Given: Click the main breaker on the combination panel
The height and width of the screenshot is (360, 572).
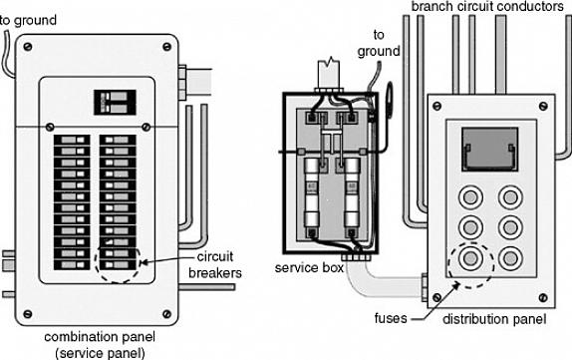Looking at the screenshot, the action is (115, 103).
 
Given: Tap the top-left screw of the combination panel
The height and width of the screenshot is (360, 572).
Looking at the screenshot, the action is (27, 47).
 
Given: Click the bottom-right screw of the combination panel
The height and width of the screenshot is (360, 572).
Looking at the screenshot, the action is (166, 314).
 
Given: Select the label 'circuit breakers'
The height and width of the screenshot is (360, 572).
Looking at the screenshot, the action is (215, 264).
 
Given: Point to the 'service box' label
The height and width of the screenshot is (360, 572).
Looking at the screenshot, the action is (309, 268).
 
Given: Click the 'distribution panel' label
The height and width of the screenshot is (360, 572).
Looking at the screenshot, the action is (494, 319).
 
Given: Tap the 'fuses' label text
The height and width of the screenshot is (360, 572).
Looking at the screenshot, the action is (391, 319).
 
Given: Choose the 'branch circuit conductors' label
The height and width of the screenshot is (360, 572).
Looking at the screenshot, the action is (487, 7).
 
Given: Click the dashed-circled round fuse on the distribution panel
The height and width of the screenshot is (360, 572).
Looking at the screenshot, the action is (470, 258).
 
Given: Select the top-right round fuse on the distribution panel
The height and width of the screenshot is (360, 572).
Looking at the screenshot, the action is (510, 197).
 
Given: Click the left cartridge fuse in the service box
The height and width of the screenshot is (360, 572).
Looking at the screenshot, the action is (312, 193).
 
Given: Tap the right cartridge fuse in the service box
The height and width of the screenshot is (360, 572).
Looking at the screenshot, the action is (352, 193).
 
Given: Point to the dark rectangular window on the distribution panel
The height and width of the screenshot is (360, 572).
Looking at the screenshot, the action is (490, 150).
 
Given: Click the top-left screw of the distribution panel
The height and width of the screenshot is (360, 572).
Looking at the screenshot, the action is (436, 107).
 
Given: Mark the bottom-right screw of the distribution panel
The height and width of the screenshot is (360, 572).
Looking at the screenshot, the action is (543, 297).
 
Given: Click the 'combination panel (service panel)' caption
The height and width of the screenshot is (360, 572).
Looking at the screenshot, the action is (100, 345).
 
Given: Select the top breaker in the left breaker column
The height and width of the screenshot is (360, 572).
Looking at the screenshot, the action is (72, 140).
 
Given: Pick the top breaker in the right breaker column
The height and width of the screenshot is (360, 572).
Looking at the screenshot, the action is (118, 140).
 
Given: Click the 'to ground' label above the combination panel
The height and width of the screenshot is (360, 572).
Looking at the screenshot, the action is (29, 20).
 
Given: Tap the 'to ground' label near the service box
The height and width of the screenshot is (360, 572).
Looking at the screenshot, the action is (379, 43).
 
